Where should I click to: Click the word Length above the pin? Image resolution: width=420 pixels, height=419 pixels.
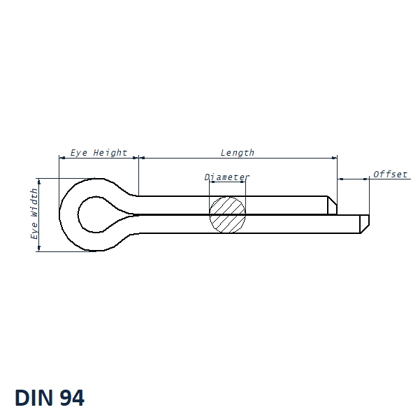pyautogui.click(x=238, y=152)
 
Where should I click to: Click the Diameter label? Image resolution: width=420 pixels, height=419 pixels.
pyautogui.click(x=227, y=177)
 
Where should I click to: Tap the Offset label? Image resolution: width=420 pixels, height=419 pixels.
pyautogui.click(x=391, y=174)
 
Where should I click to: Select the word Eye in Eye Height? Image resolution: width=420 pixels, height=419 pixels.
pyautogui.click(x=79, y=152)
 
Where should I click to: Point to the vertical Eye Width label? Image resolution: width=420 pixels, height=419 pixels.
pyautogui.click(x=34, y=214)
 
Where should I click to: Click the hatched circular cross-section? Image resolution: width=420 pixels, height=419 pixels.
pyautogui.click(x=228, y=214)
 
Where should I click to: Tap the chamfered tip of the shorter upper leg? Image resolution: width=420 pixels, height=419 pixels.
pyautogui.click(x=332, y=205)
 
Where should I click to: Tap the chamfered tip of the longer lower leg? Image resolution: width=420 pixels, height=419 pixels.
pyautogui.click(x=364, y=223)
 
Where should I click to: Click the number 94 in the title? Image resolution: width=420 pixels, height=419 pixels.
pyautogui.click(x=72, y=398)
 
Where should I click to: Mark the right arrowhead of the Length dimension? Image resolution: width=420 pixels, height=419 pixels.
pyautogui.click(x=334, y=158)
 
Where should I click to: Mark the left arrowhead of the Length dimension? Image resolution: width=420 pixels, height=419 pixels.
pyautogui.click(x=142, y=158)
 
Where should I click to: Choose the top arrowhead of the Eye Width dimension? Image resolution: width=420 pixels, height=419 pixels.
pyautogui.click(x=39, y=181)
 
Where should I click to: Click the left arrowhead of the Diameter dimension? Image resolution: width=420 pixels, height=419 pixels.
pyautogui.click(x=212, y=183)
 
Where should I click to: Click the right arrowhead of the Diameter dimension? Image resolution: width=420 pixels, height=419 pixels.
pyautogui.click(x=243, y=183)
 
